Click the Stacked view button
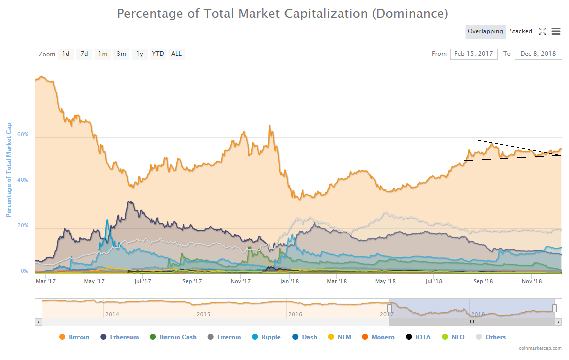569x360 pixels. coord(521,31)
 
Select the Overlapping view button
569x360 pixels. coord(485,31)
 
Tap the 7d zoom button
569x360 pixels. coord(84,54)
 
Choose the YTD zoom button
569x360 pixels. coord(158,54)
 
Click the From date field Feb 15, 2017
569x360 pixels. coord(474,54)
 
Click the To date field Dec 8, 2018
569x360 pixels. coord(538,54)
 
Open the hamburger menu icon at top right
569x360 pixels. coord(556,31)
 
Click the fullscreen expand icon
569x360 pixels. coord(542,31)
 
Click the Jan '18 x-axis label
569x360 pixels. coord(289,281)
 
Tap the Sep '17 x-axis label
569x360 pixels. coord(192,281)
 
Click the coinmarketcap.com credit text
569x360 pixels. coord(540,348)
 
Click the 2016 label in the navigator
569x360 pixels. coord(295,314)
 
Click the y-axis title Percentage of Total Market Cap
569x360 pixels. coord(8,170)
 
